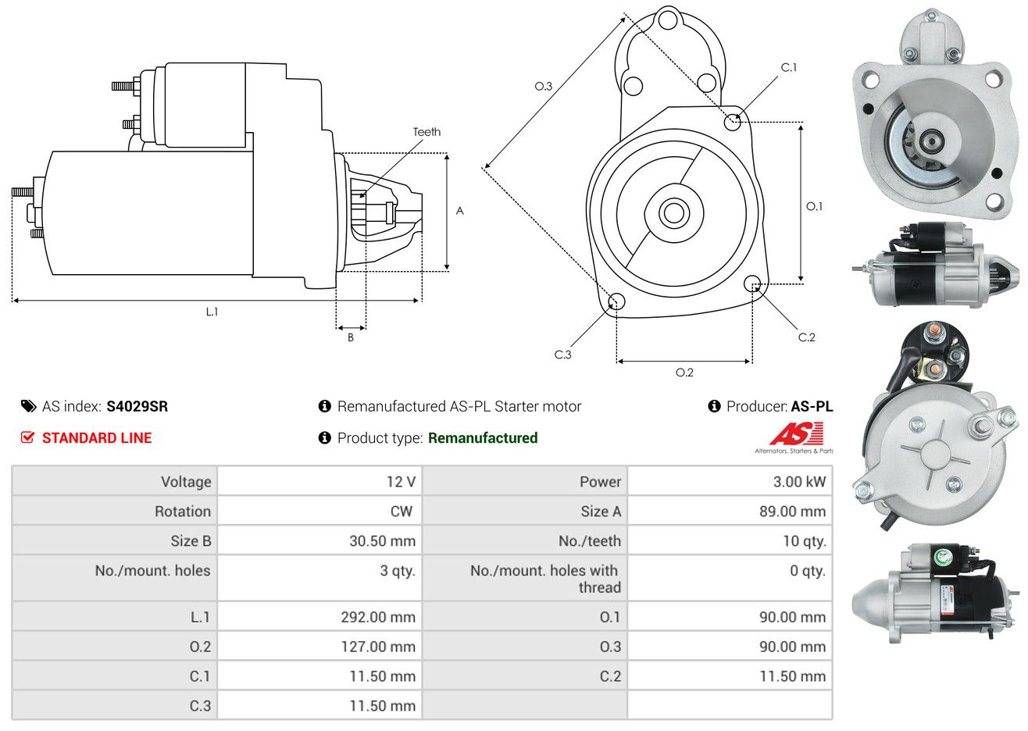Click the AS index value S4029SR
coord(137,407)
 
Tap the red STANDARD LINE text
coord(97,438)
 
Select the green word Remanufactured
coord(483,438)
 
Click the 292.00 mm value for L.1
coord(378,617)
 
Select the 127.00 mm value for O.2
coord(378,647)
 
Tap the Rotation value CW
coord(401,512)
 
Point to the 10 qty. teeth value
coord(805,541)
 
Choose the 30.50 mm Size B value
coord(382,541)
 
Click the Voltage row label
coord(186,482)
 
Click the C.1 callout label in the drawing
coord(789,67)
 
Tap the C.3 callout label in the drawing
coord(562,355)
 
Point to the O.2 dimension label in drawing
coord(684,373)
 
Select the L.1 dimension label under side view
coord(212,312)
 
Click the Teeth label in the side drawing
coord(427,132)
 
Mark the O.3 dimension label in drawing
coord(544,86)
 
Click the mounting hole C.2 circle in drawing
coord(752,283)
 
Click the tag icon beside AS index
coord(28,407)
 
